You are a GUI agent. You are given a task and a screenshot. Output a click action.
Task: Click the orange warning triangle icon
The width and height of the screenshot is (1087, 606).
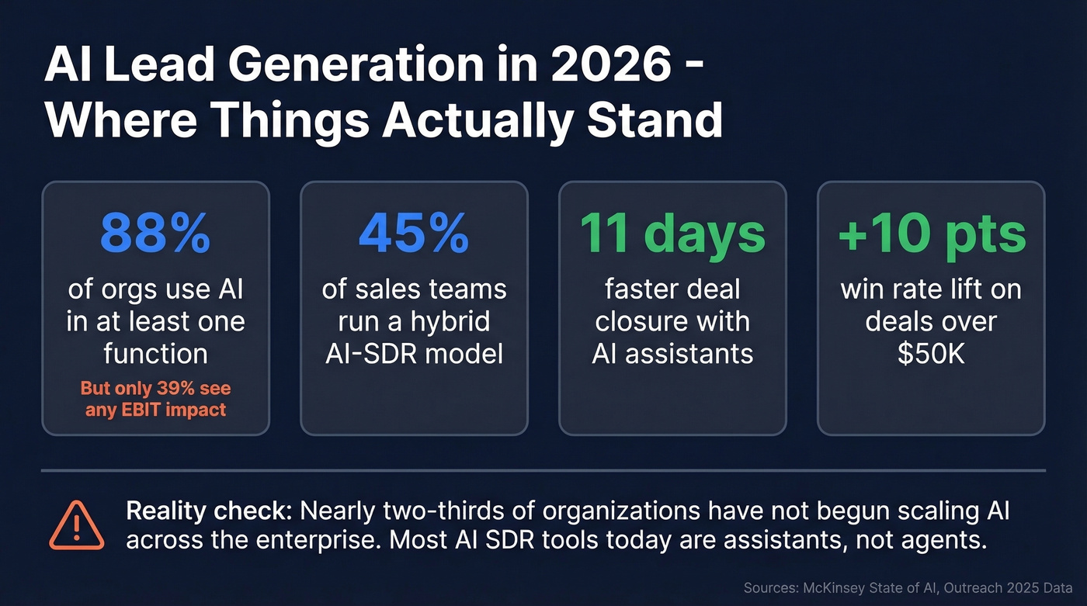pyautogui.click(x=75, y=525)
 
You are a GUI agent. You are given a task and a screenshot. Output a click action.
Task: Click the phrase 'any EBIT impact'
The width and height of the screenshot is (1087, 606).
pyautogui.click(x=155, y=409)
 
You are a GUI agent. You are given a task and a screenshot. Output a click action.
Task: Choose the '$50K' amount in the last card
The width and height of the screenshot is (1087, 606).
pyautogui.click(x=931, y=354)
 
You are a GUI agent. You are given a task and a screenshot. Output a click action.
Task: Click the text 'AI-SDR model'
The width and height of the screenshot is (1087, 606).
pyautogui.click(x=414, y=354)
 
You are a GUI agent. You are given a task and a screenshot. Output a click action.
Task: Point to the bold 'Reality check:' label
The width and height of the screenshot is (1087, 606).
pyautogui.click(x=209, y=511)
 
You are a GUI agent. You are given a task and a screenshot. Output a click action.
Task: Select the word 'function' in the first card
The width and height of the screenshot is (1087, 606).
pyautogui.click(x=155, y=354)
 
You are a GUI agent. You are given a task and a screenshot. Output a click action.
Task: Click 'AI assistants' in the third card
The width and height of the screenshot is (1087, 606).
pyautogui.click(x=672, y=354)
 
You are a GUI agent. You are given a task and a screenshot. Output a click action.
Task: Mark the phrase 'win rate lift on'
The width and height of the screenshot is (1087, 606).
pyautogui.click(x=931, y=290)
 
